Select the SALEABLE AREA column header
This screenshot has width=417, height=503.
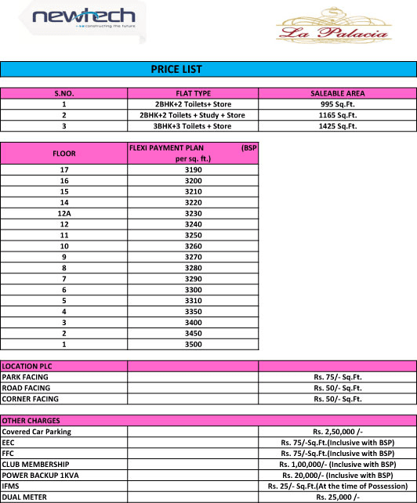pos(337,93)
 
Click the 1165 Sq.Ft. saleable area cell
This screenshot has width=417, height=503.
pos(337,114)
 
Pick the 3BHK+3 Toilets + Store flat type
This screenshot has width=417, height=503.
pos(193,125)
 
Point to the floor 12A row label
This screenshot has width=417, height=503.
pos(64,213)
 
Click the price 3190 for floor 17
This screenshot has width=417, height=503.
pos(193,169)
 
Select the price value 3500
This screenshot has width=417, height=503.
pos(193,344)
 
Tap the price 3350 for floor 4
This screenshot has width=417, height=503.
pos(193,311)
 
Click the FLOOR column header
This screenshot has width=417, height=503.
pos(64,153)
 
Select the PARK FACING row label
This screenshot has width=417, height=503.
pos(26,377)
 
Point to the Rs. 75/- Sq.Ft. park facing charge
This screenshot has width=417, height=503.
pos(337,377)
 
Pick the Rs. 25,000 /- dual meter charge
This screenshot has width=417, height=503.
pos(337,498)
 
